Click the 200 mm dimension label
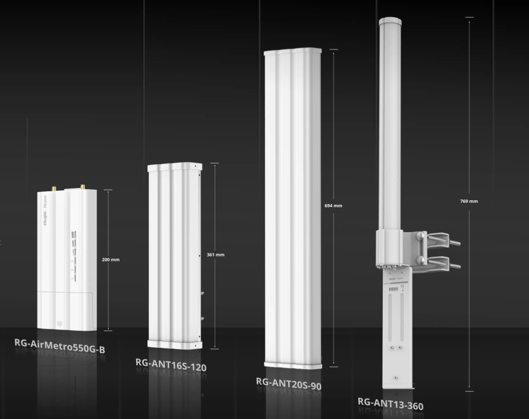point(110,260)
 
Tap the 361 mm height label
point(216,255)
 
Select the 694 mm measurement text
point(333,205)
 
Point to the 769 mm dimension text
point(469,201)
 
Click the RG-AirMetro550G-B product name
point(60,346)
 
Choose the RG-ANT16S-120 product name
point(171,365)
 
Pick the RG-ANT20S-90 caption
point(288,383)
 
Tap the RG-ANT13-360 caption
point(390,403)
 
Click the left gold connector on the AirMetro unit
point(53,189)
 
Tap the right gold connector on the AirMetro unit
point(83,187)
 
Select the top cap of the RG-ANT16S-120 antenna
point(175,167)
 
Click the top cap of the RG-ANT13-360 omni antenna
point(390,21)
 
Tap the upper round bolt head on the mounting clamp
point(421,235)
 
